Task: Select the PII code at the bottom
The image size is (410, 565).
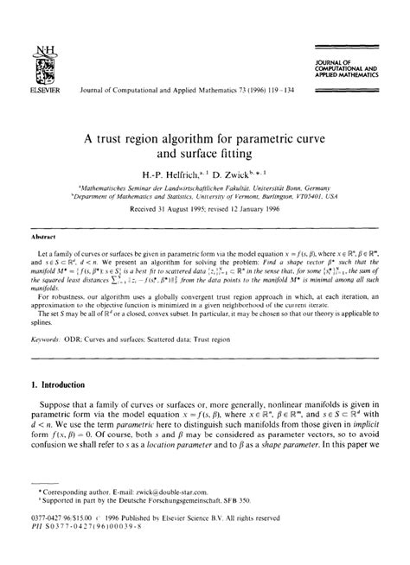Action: tap(86, 545)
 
